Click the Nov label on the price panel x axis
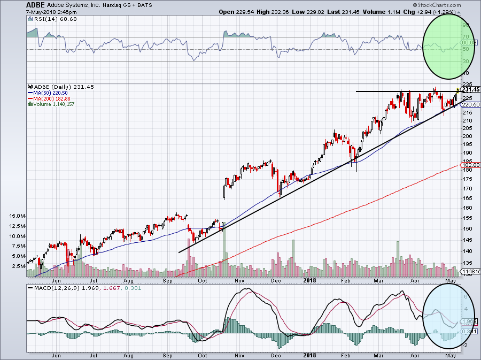coord(239,280)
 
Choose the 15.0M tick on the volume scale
coord(17,216)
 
